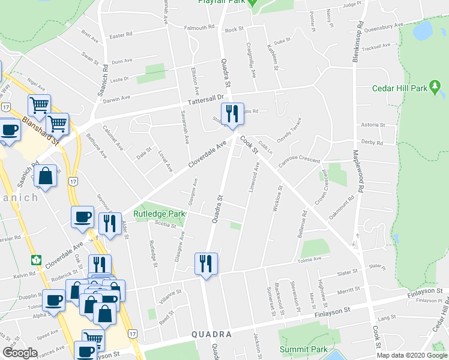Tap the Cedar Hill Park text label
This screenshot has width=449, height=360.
[399, 88]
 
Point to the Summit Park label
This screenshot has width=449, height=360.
[304, 349]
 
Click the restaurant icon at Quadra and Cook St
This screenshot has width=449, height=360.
[232, 113]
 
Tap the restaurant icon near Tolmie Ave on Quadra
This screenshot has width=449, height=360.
[206, 263]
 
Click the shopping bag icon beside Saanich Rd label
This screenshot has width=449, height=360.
[46, 176]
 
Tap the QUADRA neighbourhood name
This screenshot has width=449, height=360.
[211, 334]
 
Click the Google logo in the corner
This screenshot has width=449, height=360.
[20, 352]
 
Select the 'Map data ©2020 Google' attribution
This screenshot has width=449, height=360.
[411, 355]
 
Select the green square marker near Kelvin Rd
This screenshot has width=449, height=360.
[35, 260]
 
